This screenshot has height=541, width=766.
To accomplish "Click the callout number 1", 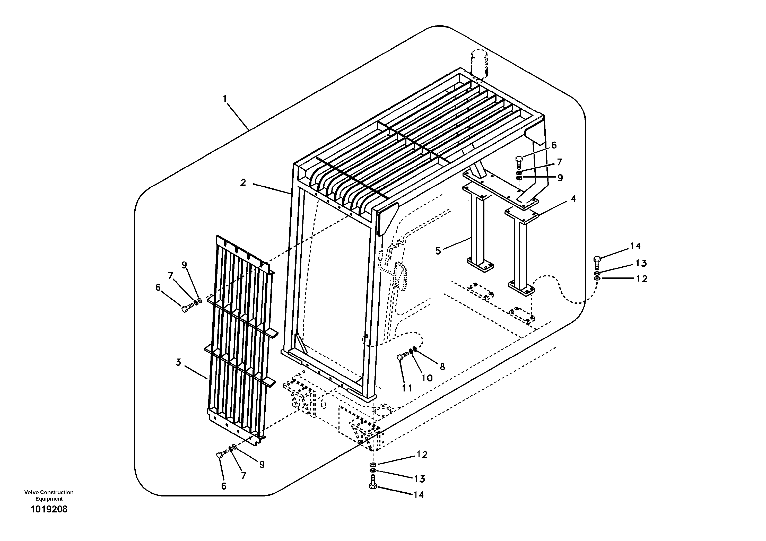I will point(225,99).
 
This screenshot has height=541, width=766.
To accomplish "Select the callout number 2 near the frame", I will point(243,182).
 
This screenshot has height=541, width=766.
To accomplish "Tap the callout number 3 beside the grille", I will point(178,362).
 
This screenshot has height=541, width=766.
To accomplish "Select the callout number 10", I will point(427,378).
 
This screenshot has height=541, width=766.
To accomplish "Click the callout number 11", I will point(407,388).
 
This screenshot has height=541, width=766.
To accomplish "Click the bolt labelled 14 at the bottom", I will point(373,487).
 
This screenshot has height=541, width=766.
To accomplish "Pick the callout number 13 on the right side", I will point(641,263).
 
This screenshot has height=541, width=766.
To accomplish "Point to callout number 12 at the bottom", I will point(422,455).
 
